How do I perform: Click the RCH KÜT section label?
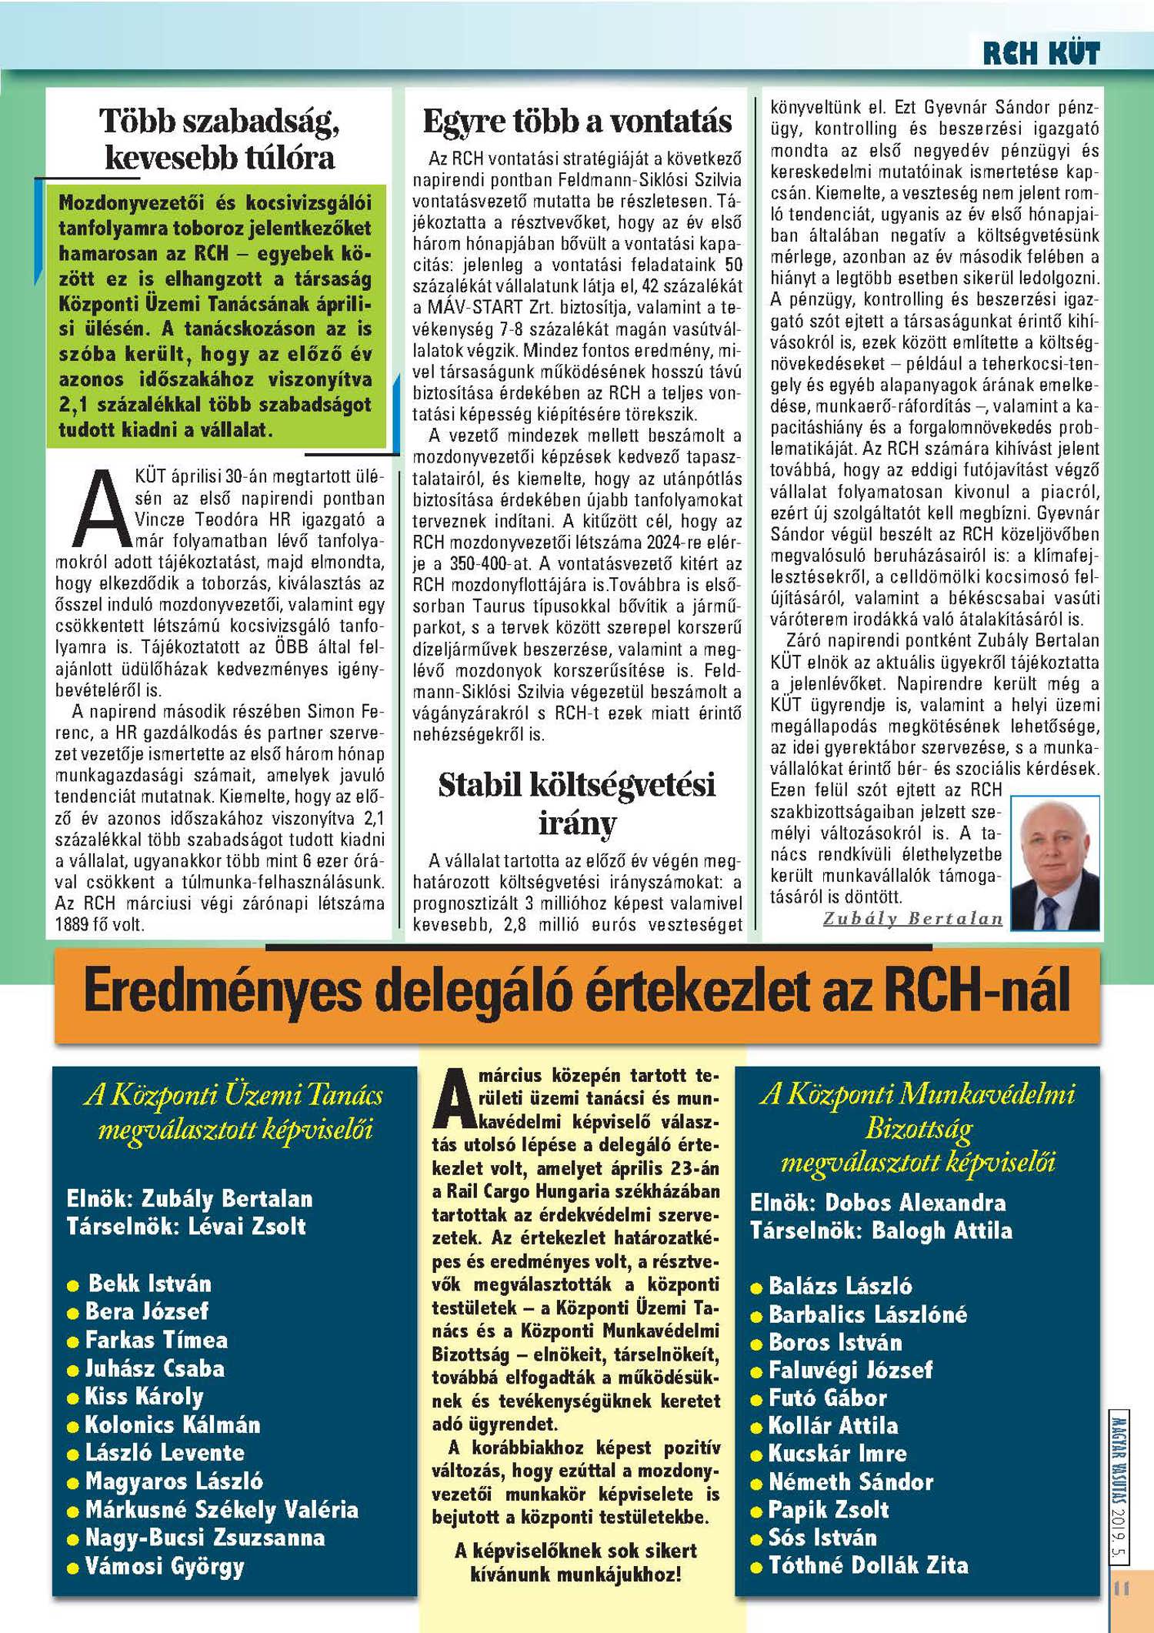pyautogui.click(x=1041, y=53)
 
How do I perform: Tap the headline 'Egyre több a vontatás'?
pyautogui.click(x=577, y=122)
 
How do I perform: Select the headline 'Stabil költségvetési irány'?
pyautogui.click(x=577, y=803)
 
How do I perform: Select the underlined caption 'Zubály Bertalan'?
pyautogui.click(x=913, y=919)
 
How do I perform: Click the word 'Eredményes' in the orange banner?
pyautogui.click(x=222, y=993)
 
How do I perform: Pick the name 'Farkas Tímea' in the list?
pyautogui.click(x=156, y=1341)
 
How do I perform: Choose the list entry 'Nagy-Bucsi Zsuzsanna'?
pyautogui.click(x=205, y=1538)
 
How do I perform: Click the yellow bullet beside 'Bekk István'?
pyautogui.click(x=73, y=1286)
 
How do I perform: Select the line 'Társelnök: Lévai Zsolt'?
pyautogui.click(x=186, y=1226)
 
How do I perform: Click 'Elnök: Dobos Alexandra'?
pyautogui.click(x=878, y=1203)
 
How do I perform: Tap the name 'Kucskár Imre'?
pyautogui.click(x=837, y=1454)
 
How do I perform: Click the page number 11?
pyautogui.click(x=1121, y=1588)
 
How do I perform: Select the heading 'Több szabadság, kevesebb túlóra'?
pyautogui.click(x=219, y=139)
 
